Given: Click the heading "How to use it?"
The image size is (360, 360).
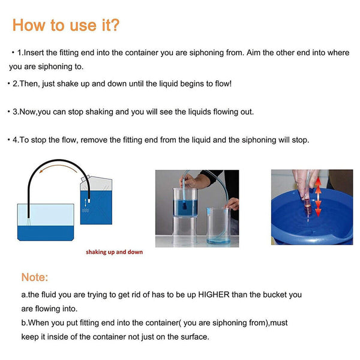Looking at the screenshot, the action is tap(66, 25).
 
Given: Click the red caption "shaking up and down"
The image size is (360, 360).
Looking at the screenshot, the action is tap(115, 252).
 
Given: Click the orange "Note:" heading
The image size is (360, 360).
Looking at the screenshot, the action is tap(35, 277).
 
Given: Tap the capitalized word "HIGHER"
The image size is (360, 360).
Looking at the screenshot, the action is tap(214, 295).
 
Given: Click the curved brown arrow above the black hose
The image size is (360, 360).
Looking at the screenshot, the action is tap(58, 166).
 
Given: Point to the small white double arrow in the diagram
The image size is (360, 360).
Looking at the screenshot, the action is tap(85, 203).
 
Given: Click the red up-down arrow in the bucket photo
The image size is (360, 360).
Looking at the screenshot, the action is tap(318, 197).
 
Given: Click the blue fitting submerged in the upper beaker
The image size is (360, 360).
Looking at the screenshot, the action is tap(184, 205).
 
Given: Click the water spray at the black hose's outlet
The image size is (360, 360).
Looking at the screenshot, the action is tap(28, 222).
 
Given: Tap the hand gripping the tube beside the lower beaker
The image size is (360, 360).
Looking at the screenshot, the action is tap(233, 204).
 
